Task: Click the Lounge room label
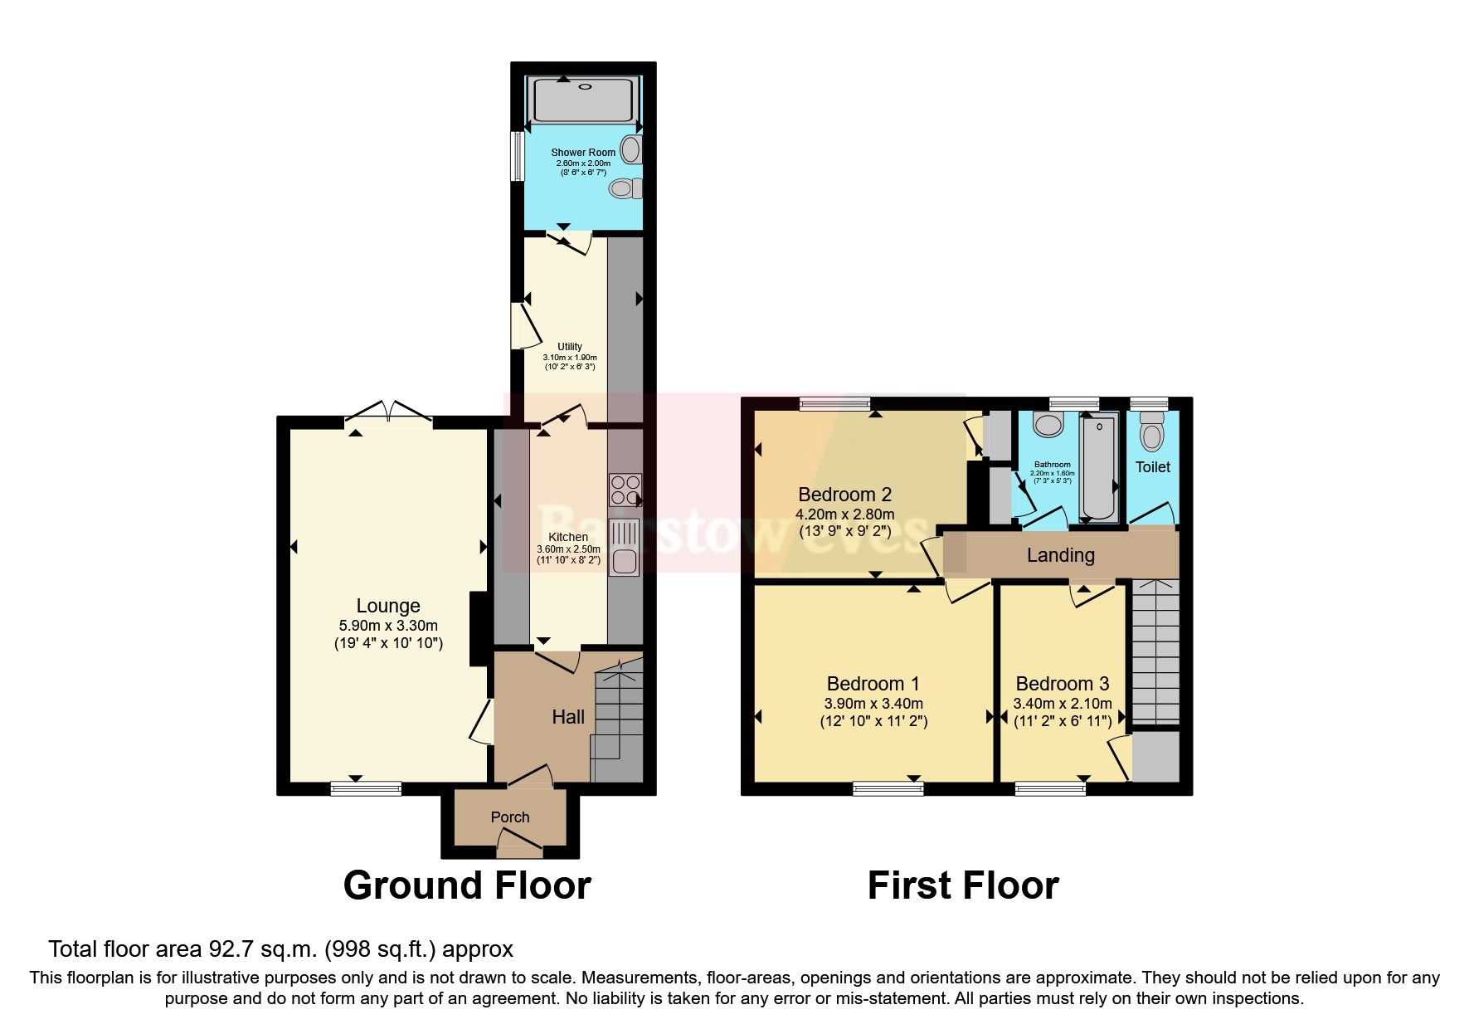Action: click(387, 606)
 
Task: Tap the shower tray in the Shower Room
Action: click(584, 100)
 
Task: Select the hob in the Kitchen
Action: click(624, 490)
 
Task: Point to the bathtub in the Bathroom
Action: click(1099, 470)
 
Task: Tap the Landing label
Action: click(1060, 555)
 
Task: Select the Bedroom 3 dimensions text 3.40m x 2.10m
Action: click(1062, 703)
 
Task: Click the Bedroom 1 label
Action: click(873, 684)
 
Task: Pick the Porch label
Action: click(509, 817)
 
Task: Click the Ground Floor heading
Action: click(466, 885)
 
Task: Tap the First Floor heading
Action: click(962, 885)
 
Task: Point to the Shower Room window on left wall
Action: click(516, 155)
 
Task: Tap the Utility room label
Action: click(569, 347)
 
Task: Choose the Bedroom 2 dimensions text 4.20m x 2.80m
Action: click(844, 514)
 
